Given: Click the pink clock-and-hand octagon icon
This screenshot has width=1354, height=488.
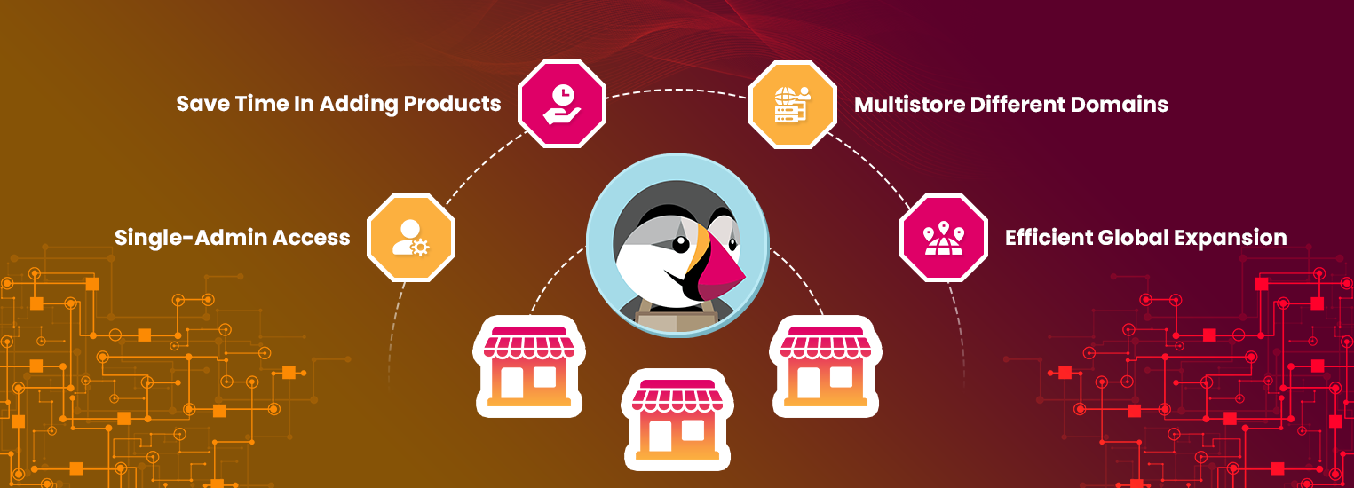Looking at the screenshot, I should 562,104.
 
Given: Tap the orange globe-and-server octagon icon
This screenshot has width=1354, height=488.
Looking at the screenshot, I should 793,104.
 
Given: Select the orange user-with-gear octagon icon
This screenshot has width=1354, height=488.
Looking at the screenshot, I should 411,238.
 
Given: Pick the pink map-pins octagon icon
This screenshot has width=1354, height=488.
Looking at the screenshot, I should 944,238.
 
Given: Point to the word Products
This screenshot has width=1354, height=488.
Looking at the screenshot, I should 452,104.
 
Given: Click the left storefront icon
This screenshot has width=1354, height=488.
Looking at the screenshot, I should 527,366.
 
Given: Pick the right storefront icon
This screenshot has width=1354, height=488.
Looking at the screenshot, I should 826,366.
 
